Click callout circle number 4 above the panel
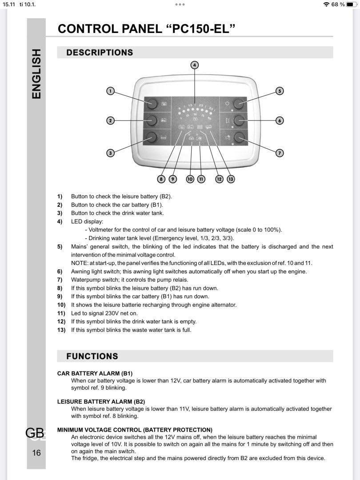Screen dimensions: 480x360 point(195,65)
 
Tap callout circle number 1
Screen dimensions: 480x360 point(111,91)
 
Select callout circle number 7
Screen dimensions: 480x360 point(280,153)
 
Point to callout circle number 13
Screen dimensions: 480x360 point(231,179)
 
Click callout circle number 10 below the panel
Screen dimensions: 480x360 point(190,179)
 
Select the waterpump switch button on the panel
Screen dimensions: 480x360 point(240,137)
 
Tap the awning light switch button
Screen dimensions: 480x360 point(240,120)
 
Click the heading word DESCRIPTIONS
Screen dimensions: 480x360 point(100,52)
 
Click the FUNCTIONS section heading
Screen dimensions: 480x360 point(92,356)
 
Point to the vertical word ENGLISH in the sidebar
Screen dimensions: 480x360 point(36,74)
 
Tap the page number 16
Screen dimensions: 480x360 point(36,453)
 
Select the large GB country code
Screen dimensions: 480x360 point(35,432)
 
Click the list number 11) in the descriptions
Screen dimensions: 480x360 point(61,313)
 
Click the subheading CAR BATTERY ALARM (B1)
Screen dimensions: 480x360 point(95,373)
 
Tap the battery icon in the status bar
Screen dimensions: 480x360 point(352,4)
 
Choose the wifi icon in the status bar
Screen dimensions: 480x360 point(327,4)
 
